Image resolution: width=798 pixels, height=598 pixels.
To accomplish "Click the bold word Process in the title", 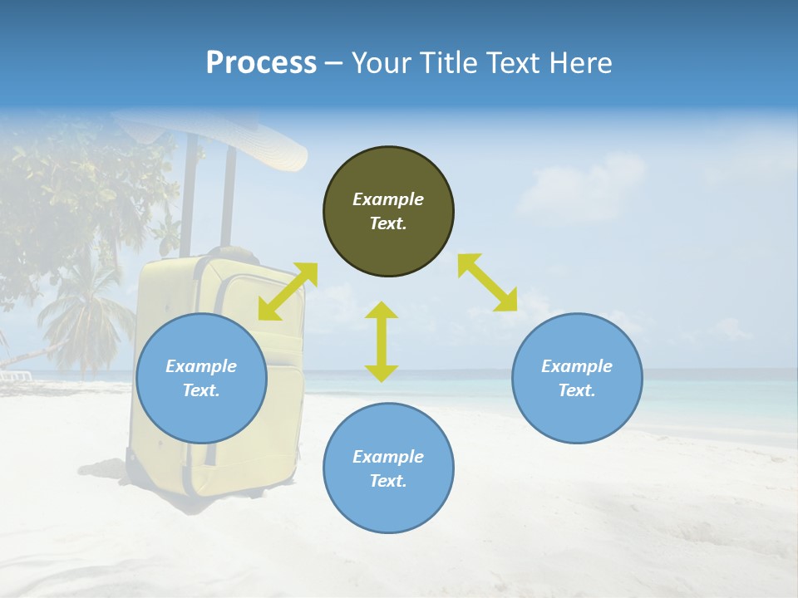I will coord(261,63).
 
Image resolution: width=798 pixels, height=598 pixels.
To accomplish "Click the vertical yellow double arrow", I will coord(382,341).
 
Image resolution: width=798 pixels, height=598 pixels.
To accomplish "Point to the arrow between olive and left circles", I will coord(288,292).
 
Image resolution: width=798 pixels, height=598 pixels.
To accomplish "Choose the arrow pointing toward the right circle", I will coord(487,282).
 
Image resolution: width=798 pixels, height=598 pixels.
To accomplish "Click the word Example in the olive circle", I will coord(388,199).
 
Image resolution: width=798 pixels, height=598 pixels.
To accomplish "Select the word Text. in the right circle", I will coord(577,390).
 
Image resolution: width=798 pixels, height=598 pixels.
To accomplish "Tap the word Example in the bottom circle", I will coord(388,457).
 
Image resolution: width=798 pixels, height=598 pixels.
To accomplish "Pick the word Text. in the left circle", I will coord(201,390).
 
